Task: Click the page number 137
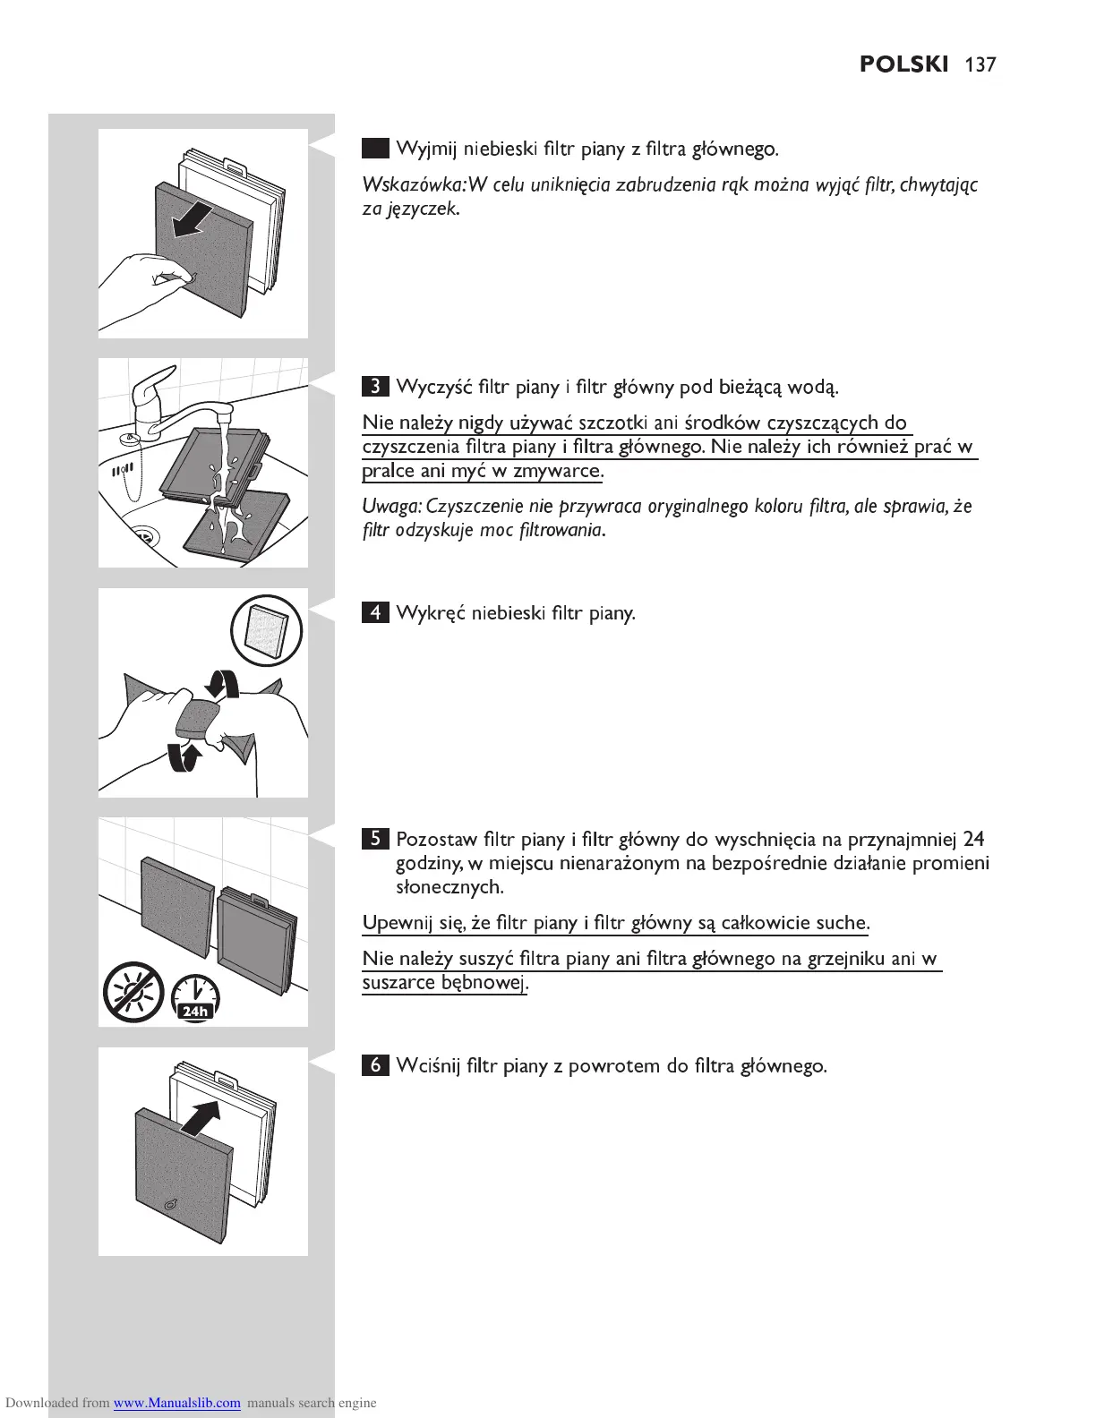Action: coord(980,64)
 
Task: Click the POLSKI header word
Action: coord(903,64)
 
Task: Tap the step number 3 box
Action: coord(376,387)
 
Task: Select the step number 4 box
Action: coord(376,613)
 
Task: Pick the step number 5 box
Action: coord(376,840)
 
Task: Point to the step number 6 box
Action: coord(376,1065)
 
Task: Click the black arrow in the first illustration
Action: coord(193,221)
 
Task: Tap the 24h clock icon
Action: coord(194,996)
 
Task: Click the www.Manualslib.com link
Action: coord(176,1403)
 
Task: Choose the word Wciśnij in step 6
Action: coord(428,1066)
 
